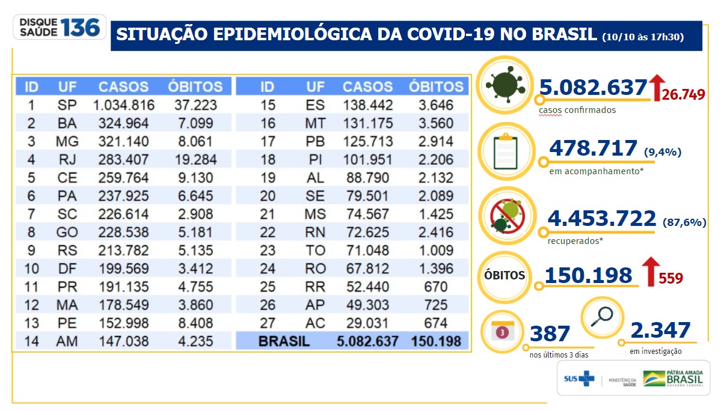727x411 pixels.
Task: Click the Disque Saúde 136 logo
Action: (x=60, y=27)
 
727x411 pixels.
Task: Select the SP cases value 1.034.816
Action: (x=124, y=105)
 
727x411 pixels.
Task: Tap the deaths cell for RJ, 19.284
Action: (x=195, y=159)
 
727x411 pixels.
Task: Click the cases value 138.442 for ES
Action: (x=368, y=105)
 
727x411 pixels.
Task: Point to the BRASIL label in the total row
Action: (x=284, y=341)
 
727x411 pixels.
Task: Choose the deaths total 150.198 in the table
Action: (x=437, y=341)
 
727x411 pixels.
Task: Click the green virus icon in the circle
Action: (x=504, y=85)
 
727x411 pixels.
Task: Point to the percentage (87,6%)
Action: (x=684, y=222)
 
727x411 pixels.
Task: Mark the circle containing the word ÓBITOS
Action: (x=505, y=276)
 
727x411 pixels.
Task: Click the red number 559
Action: (x=670, y=278)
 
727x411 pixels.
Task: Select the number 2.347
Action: (x=660, y=330)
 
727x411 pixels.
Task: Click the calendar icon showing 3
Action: (x=504, y=331)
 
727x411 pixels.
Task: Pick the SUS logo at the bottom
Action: (x=578, y=379)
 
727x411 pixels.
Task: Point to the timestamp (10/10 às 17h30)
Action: (x=643, y=37)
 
